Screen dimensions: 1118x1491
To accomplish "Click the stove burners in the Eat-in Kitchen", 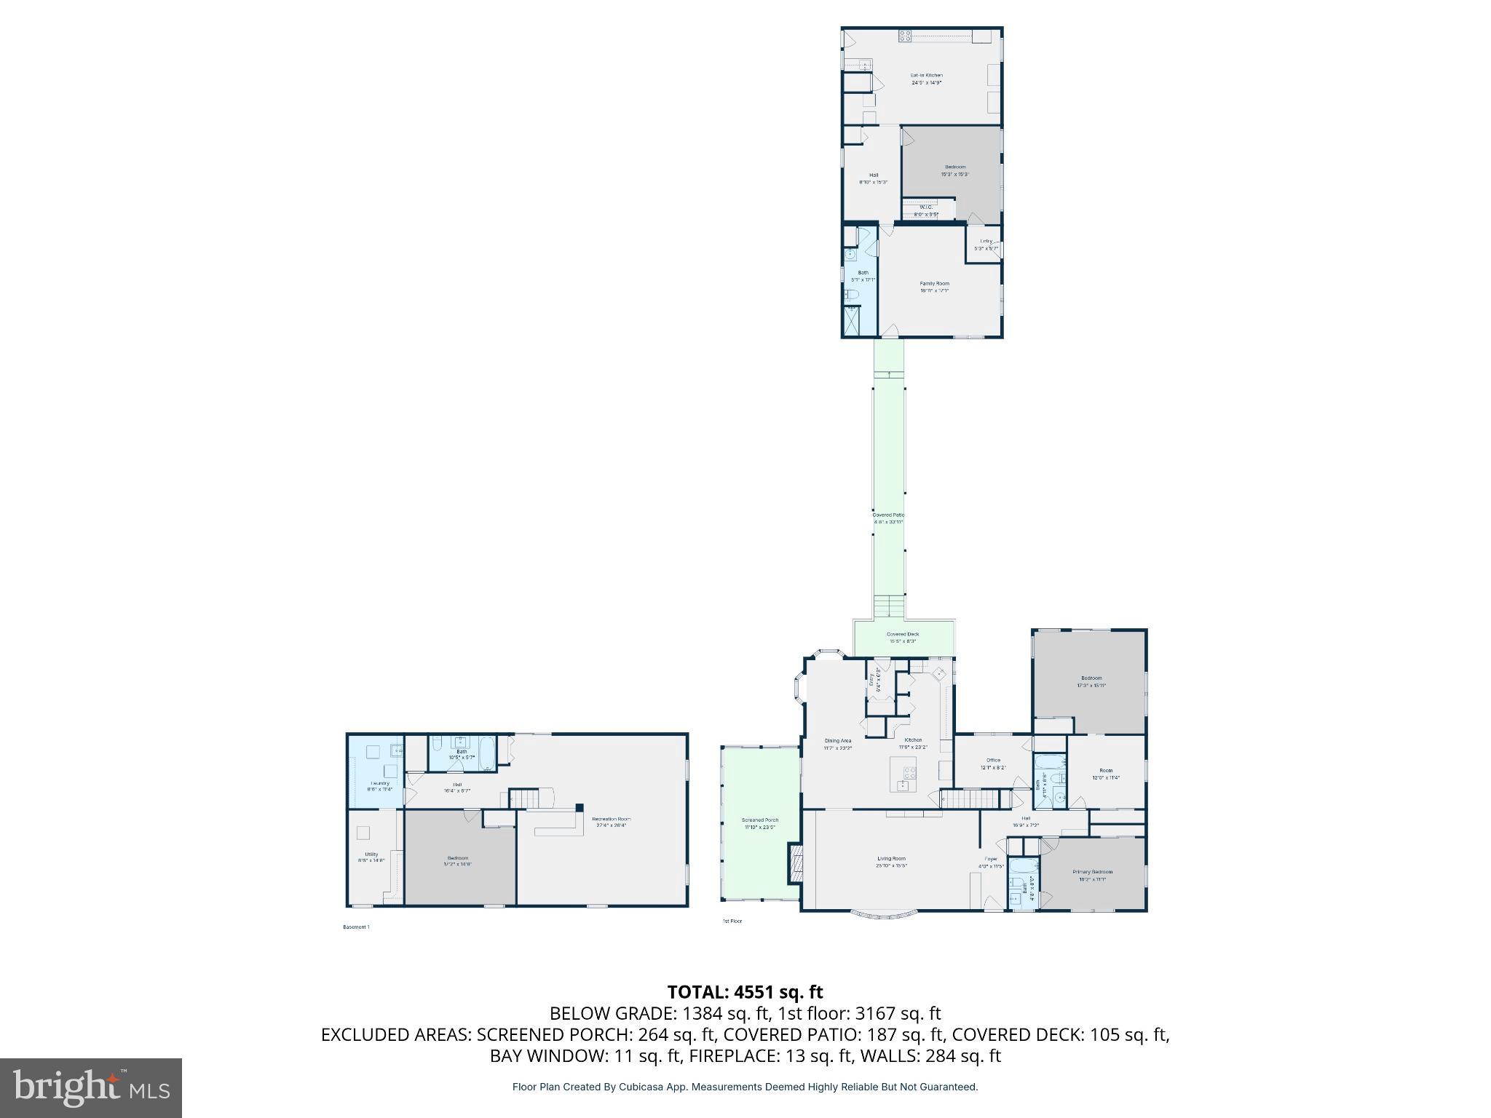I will coord(905,36).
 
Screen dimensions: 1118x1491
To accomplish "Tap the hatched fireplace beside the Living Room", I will coord(796,864).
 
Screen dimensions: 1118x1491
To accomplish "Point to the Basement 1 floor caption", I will coord(356,927).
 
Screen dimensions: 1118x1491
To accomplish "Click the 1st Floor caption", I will coord(732,921).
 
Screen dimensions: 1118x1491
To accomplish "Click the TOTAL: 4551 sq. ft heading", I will coord(745,992).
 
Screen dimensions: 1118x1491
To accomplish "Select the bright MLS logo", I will coord(91,1087).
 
